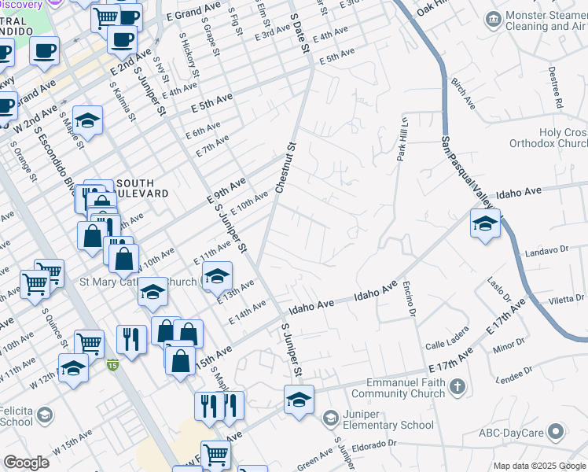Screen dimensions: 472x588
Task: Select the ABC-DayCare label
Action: pos(511,432)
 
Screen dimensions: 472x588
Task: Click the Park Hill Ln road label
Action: pos(402,138)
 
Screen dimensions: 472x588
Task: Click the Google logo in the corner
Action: pos(26,463)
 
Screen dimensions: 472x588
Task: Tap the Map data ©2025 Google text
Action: pos(539,466)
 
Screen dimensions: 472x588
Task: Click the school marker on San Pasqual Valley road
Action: pos(485,223)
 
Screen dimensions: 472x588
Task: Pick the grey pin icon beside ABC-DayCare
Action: pos(556,431)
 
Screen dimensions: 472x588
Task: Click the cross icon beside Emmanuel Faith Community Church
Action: pos(458,387)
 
